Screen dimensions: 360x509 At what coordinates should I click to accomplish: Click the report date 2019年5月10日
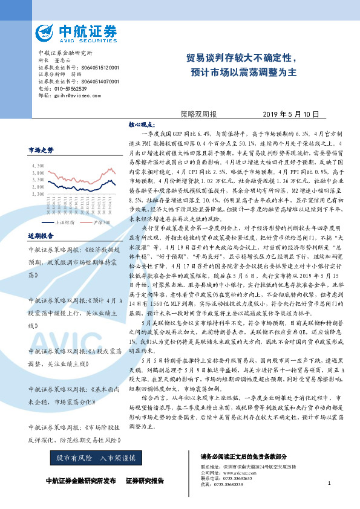pyautogui.click(x=290, y=114)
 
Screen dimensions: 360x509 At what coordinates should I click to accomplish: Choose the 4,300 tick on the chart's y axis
pyautogui.click(x=38, y=164)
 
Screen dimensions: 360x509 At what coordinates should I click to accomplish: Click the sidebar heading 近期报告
pyautogui.click(x=41, y=235)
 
